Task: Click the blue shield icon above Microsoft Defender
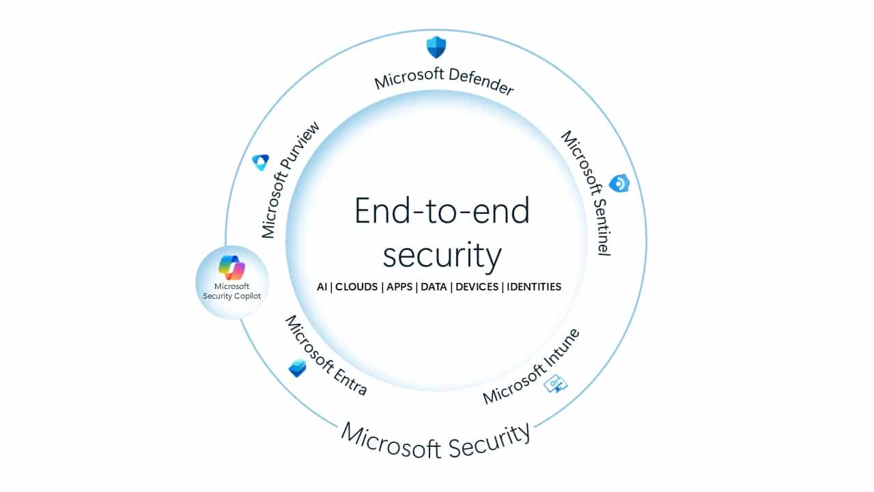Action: click(x=436, y=47)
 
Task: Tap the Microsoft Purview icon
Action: click(x=260, y=162)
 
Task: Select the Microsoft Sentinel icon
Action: click(x=619, y=183)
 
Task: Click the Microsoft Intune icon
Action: click(x=555, y=384)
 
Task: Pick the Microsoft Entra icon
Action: click(x=297, y=368)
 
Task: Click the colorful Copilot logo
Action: click(x=232, y=267)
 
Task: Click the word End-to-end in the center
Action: click(x=442, y=211)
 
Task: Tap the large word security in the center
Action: click(x=442, y=255)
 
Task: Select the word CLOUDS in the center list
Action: click(x=356, y=287)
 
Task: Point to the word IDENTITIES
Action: click(x=534, y=287)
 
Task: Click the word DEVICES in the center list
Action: click(x=477, y=287)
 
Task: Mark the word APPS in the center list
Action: click(x=399, y=287)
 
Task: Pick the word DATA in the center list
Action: click(x=434, y=287)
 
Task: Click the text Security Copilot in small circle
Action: click(x=232, y=296)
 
